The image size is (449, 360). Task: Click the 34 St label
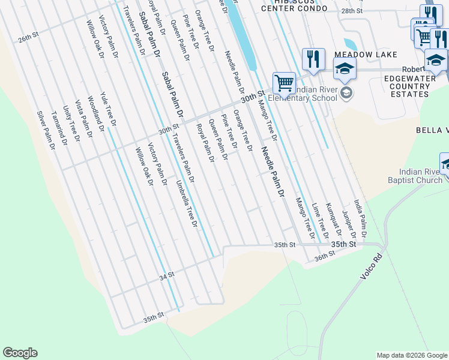[166, 275]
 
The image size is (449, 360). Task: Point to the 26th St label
[28, 37]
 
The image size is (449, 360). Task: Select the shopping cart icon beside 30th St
[284, 82]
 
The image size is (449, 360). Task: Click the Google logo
[20, 353]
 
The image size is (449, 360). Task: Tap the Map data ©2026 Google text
[411, 355]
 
